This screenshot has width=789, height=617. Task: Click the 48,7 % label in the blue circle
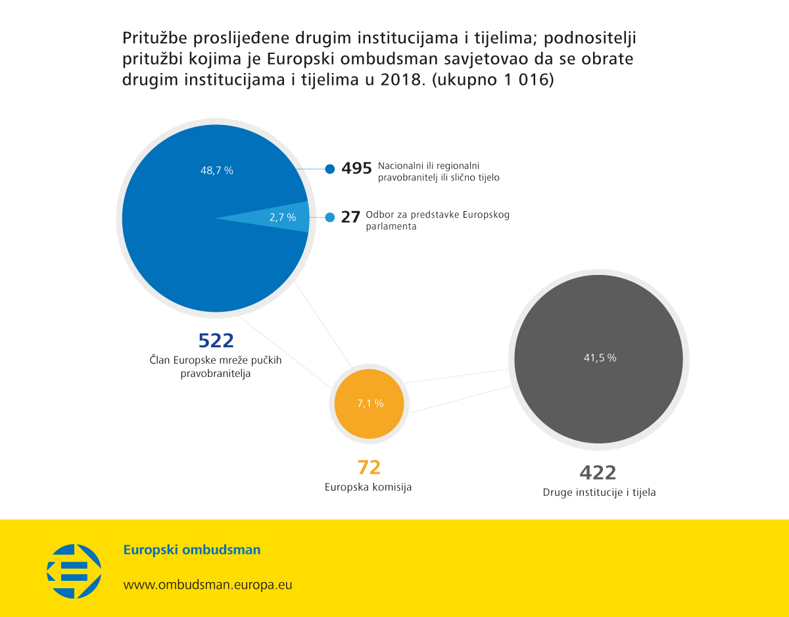pos(217,170)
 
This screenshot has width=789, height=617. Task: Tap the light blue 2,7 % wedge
pos(276,217)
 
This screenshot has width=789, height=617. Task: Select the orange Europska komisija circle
pos(369,403)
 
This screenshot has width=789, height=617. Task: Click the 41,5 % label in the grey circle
pos(600,358)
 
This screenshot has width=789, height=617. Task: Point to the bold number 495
pos(356,168)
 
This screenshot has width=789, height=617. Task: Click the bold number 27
pos(350,217)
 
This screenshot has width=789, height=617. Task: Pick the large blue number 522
pos(216,341)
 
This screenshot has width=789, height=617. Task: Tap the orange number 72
pos(369,468)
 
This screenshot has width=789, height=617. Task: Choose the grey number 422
pos(598,473)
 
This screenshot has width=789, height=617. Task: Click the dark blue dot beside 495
pos(329,169)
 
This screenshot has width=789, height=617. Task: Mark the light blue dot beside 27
pos(329,217)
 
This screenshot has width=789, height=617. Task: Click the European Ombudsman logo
pos(74,571)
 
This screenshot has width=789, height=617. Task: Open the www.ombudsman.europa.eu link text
pos(208,585)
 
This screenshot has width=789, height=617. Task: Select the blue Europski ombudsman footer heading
pos(192,549)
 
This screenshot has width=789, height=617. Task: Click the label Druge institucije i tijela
pos(599,493)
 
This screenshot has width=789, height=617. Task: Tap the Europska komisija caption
pos(368,487)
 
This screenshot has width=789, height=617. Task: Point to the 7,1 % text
pos(370,403)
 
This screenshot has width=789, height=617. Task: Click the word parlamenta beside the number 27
pos(391,227)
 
